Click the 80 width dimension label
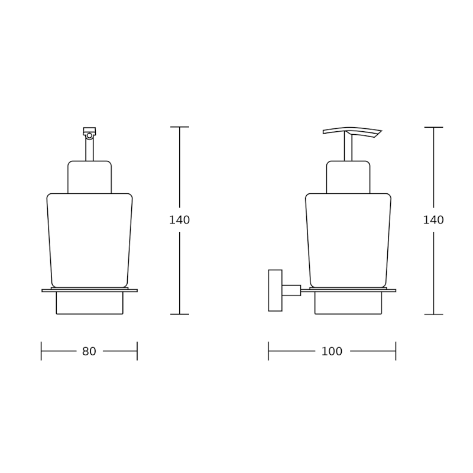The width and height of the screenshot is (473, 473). (89, 351)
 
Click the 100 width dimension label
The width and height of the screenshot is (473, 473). (332, 351)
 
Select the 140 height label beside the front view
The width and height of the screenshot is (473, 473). (180, 220)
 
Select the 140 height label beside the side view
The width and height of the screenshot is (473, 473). (433, 220)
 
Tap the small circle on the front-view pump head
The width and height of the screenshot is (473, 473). (89, 136)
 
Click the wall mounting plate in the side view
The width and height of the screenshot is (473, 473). (275, 290)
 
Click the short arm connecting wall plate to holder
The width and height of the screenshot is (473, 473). (291, 290)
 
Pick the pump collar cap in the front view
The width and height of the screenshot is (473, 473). (90, 177)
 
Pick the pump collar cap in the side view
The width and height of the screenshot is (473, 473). (348, 177)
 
